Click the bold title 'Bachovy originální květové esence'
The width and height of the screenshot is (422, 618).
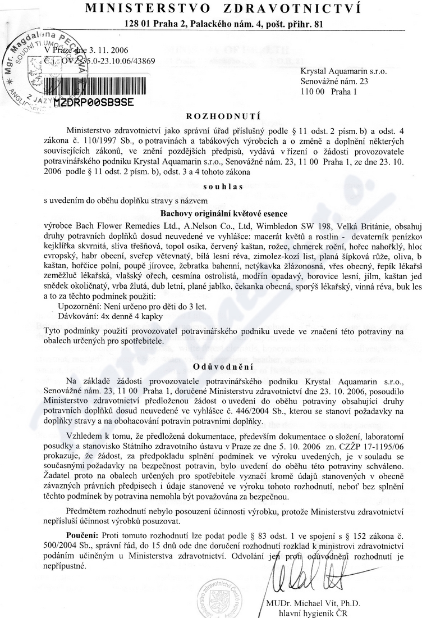tap(217, 213)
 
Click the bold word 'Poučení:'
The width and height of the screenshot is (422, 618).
tap(83, 531)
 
